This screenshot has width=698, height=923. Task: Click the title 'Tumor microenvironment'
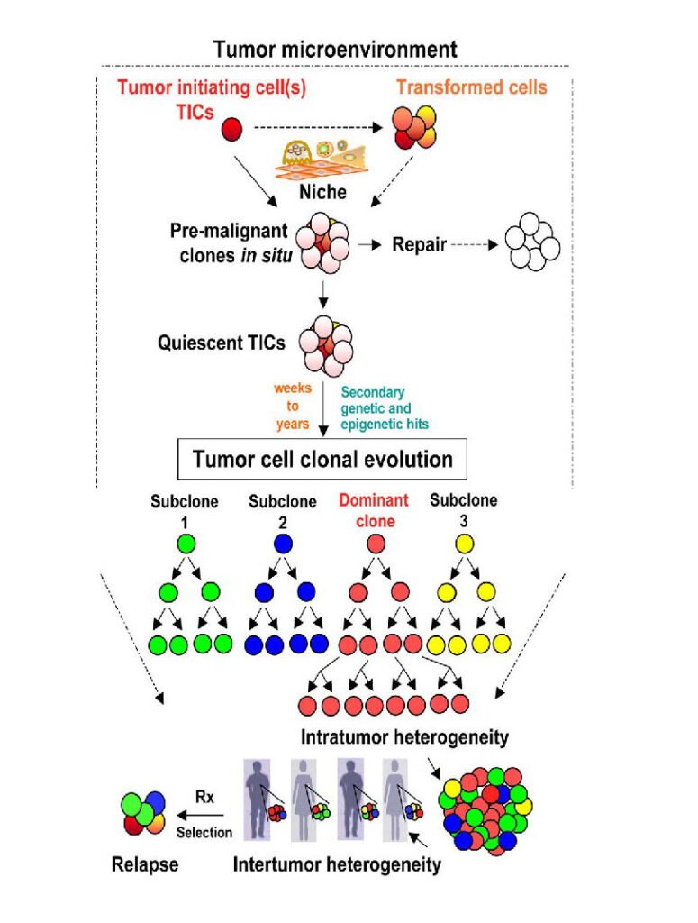[x=335, y=50]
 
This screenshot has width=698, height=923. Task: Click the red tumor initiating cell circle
[x=232, y=129]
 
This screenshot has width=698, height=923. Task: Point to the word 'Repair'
[x=420, y=244]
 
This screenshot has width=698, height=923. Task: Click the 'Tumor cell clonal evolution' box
[x=322, y=460]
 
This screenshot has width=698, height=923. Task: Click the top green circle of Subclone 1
[x=186, y=544]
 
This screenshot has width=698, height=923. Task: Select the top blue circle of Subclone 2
[x=281, y=544]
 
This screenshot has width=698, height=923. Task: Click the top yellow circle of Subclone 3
[x=465, y=544]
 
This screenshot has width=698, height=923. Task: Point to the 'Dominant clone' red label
[x=374, y=509]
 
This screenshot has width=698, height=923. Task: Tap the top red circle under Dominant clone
[x=376, y=544]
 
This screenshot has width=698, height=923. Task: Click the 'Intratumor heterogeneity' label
[x=404, y=737]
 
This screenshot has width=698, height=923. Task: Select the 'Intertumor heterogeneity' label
[x=338, y=865]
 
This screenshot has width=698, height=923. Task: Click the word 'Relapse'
[x=145, y=865]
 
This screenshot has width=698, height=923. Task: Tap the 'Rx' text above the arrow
[x=205, y=796]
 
